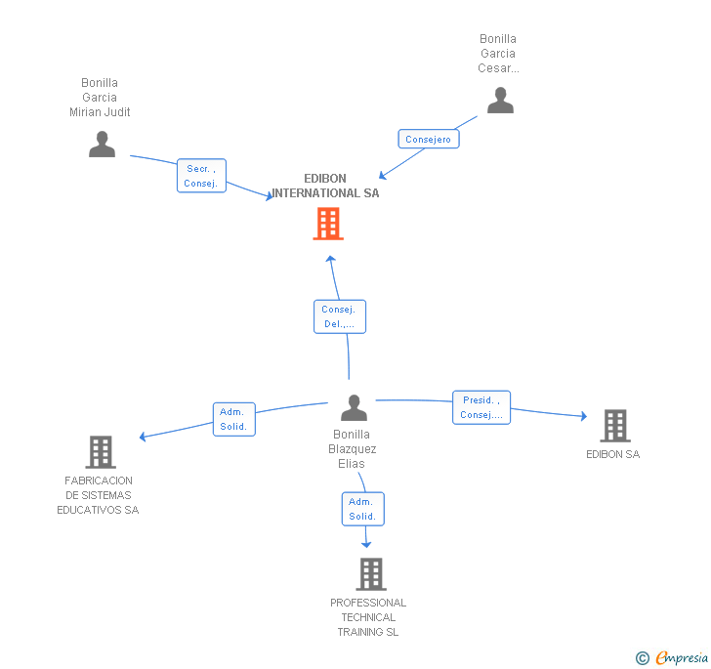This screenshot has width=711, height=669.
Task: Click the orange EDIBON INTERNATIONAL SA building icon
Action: click(328, 224)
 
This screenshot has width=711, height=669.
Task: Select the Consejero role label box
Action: click(429, 139)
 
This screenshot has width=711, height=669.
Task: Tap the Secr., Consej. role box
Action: click(201, 176)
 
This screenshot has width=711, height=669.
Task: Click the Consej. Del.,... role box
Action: click(340, 316)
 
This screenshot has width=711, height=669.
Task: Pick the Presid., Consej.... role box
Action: click(481, 407)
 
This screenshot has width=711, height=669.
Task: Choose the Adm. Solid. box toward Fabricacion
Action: click(234, 419)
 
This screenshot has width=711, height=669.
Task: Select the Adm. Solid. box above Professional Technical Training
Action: click(362, 509)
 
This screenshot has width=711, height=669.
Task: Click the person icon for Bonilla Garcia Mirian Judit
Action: click(102, 145)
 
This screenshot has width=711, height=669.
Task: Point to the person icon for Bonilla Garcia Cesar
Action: click(500, 101)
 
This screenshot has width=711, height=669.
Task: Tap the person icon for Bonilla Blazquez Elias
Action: click(354, 408)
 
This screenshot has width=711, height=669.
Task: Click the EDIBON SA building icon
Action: click(615, 426)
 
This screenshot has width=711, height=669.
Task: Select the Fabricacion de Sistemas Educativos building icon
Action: click(101, 452)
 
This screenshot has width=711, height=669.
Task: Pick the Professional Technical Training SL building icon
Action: click(371, 573)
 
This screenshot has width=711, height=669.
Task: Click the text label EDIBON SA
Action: click(612, 454)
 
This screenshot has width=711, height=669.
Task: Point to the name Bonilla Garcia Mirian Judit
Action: click(100, 98)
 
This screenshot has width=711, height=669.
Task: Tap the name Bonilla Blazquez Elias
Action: click(352, 449)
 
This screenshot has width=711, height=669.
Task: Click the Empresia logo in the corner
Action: click(682, 657)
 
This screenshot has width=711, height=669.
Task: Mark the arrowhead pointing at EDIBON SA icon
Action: click(584, 415)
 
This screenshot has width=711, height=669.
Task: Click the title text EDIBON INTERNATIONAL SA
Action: click(325, 186)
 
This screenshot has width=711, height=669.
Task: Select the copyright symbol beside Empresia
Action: click(642, 658)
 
